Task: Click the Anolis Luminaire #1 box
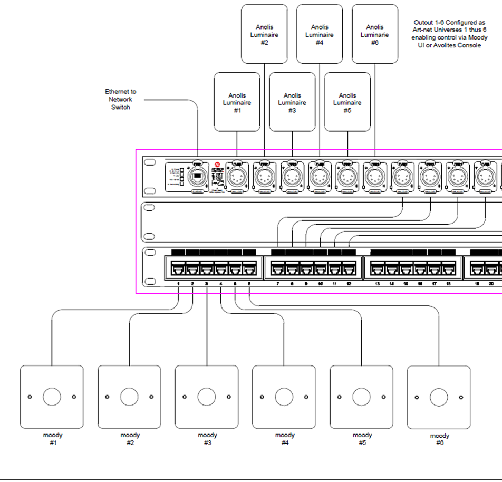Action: click(237, 102)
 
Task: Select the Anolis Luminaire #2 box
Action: click(264, 34)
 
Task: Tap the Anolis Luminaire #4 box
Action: click(320, 34)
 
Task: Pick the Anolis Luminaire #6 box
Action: click(374, 34)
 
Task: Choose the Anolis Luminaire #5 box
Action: click(347, 102)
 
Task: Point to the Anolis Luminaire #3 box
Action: click(292, 102)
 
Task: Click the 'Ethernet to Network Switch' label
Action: click(120, 99)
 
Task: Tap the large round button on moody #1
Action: click(52, 397)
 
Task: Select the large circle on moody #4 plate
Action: click(284, 397)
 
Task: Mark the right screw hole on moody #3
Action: click(229, 397)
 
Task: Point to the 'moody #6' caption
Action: click(439, 439)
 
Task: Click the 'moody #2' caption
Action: click(130, 439)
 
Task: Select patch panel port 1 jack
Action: click(179, 269)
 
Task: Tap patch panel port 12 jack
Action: click(349, 269)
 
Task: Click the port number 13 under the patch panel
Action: click(378, 284)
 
